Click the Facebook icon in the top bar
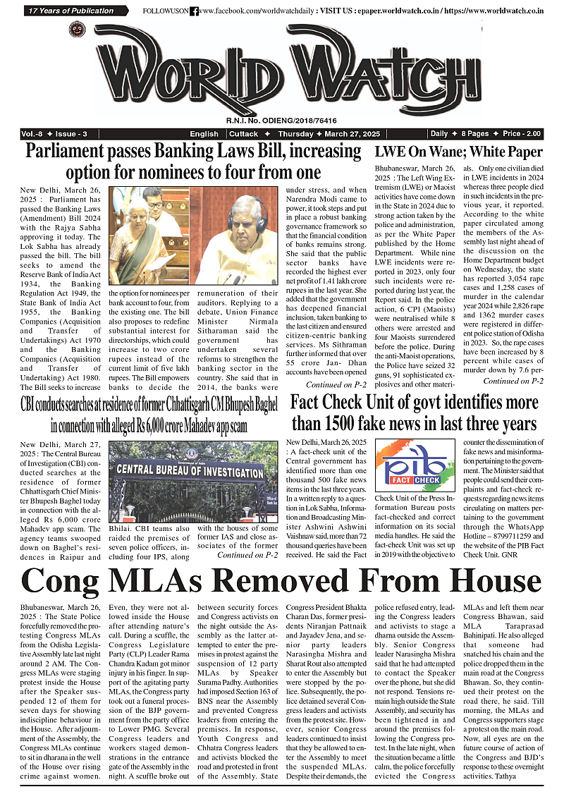click(194, 11)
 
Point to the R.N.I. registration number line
click(281, 121)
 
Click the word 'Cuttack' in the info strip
click(244, 134)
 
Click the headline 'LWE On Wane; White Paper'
click(458, 152)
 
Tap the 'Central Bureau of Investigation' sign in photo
click(190, 470)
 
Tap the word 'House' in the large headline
click(486, 581)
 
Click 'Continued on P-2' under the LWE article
click(513, 381)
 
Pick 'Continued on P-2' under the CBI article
click(247, 554)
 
